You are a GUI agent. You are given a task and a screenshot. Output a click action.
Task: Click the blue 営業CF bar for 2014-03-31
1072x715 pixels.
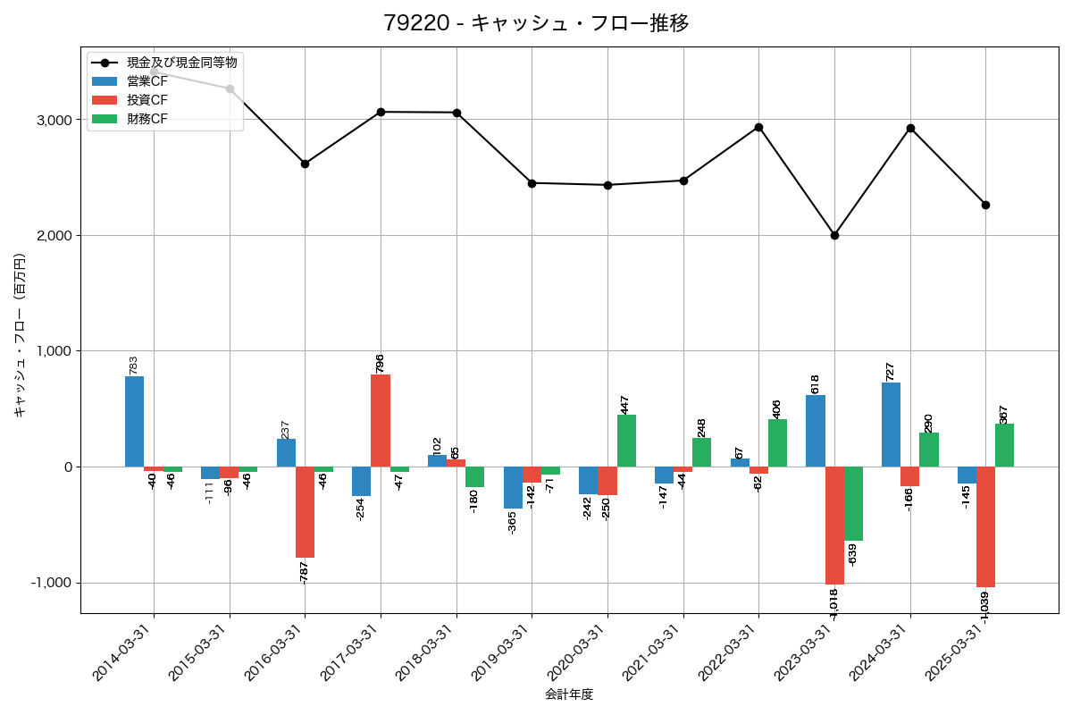(134, 421)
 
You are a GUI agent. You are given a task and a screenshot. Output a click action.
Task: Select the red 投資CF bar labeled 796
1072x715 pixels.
(381, 420)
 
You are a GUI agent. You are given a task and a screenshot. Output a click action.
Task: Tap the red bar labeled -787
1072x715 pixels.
(305, 511)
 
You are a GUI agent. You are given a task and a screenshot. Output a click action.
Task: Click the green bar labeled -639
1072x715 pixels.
(853, 503)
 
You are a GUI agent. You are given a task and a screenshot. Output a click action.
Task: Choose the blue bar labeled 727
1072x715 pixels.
(891, 425)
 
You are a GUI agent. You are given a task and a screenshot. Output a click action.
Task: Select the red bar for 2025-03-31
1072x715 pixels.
(985, 526)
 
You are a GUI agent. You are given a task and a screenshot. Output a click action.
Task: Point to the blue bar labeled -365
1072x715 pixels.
(513, 487)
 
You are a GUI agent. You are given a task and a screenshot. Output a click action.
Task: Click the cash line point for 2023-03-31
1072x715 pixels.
(834, 235)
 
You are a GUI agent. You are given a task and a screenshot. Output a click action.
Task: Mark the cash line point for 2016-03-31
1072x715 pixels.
(305, 164)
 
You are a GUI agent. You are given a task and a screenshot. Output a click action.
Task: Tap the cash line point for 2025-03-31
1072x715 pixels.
(985, 205)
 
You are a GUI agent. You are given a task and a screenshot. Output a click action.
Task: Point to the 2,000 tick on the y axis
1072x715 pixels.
(55, 236)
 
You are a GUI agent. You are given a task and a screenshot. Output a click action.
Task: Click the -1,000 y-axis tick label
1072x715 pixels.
(53, 583)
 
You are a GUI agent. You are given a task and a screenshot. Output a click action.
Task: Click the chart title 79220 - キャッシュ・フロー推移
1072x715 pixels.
(536, 23)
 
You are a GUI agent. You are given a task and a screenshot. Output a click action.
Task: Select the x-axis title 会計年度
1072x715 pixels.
(569, 694)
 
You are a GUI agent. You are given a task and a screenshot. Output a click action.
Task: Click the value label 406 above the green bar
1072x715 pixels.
(777, 408)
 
